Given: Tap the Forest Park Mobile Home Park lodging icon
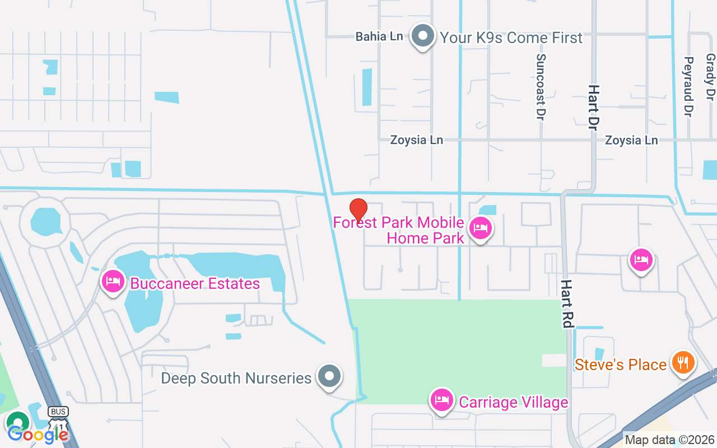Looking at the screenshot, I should pyautogui.click(x=481, y=228).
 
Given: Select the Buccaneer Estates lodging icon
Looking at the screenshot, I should pyautogui.click(x=113, y=281).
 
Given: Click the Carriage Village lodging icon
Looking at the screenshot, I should pyautogui.click(x=442, y=400).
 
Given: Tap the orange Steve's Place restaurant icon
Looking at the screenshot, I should pyautogui.click(x=682, y=362).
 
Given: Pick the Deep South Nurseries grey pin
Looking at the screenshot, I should pyautogui.click(x=329, y=376).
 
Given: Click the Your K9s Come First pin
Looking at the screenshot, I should pyautogui.click(x=423, y=36).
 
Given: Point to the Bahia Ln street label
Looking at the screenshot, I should pyautogui.click(x=379, y=36).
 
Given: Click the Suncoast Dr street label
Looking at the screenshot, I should pyautogui.click(x=541, y=86).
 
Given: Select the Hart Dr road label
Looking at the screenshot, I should pyautogui.click(x=593, y=108).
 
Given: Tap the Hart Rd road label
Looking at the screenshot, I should pyautogui.click(x=567, y=304).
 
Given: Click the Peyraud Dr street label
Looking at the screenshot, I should pyautogui.click(x=689, y=86).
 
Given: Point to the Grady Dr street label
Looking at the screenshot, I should pyautogui.click(x=710, y=77).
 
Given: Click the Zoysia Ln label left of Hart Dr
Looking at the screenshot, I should pyautogui.click(x=417, y=140).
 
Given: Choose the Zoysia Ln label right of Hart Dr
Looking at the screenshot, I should pyautogui.click(x=631, y=140).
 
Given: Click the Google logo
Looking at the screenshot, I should pyautogui.click(x=38, y=434).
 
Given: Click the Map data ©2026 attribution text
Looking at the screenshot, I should pyautogui.click(x=670, y=440).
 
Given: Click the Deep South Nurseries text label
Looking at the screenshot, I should pyautogui.click(x=236, y=378).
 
